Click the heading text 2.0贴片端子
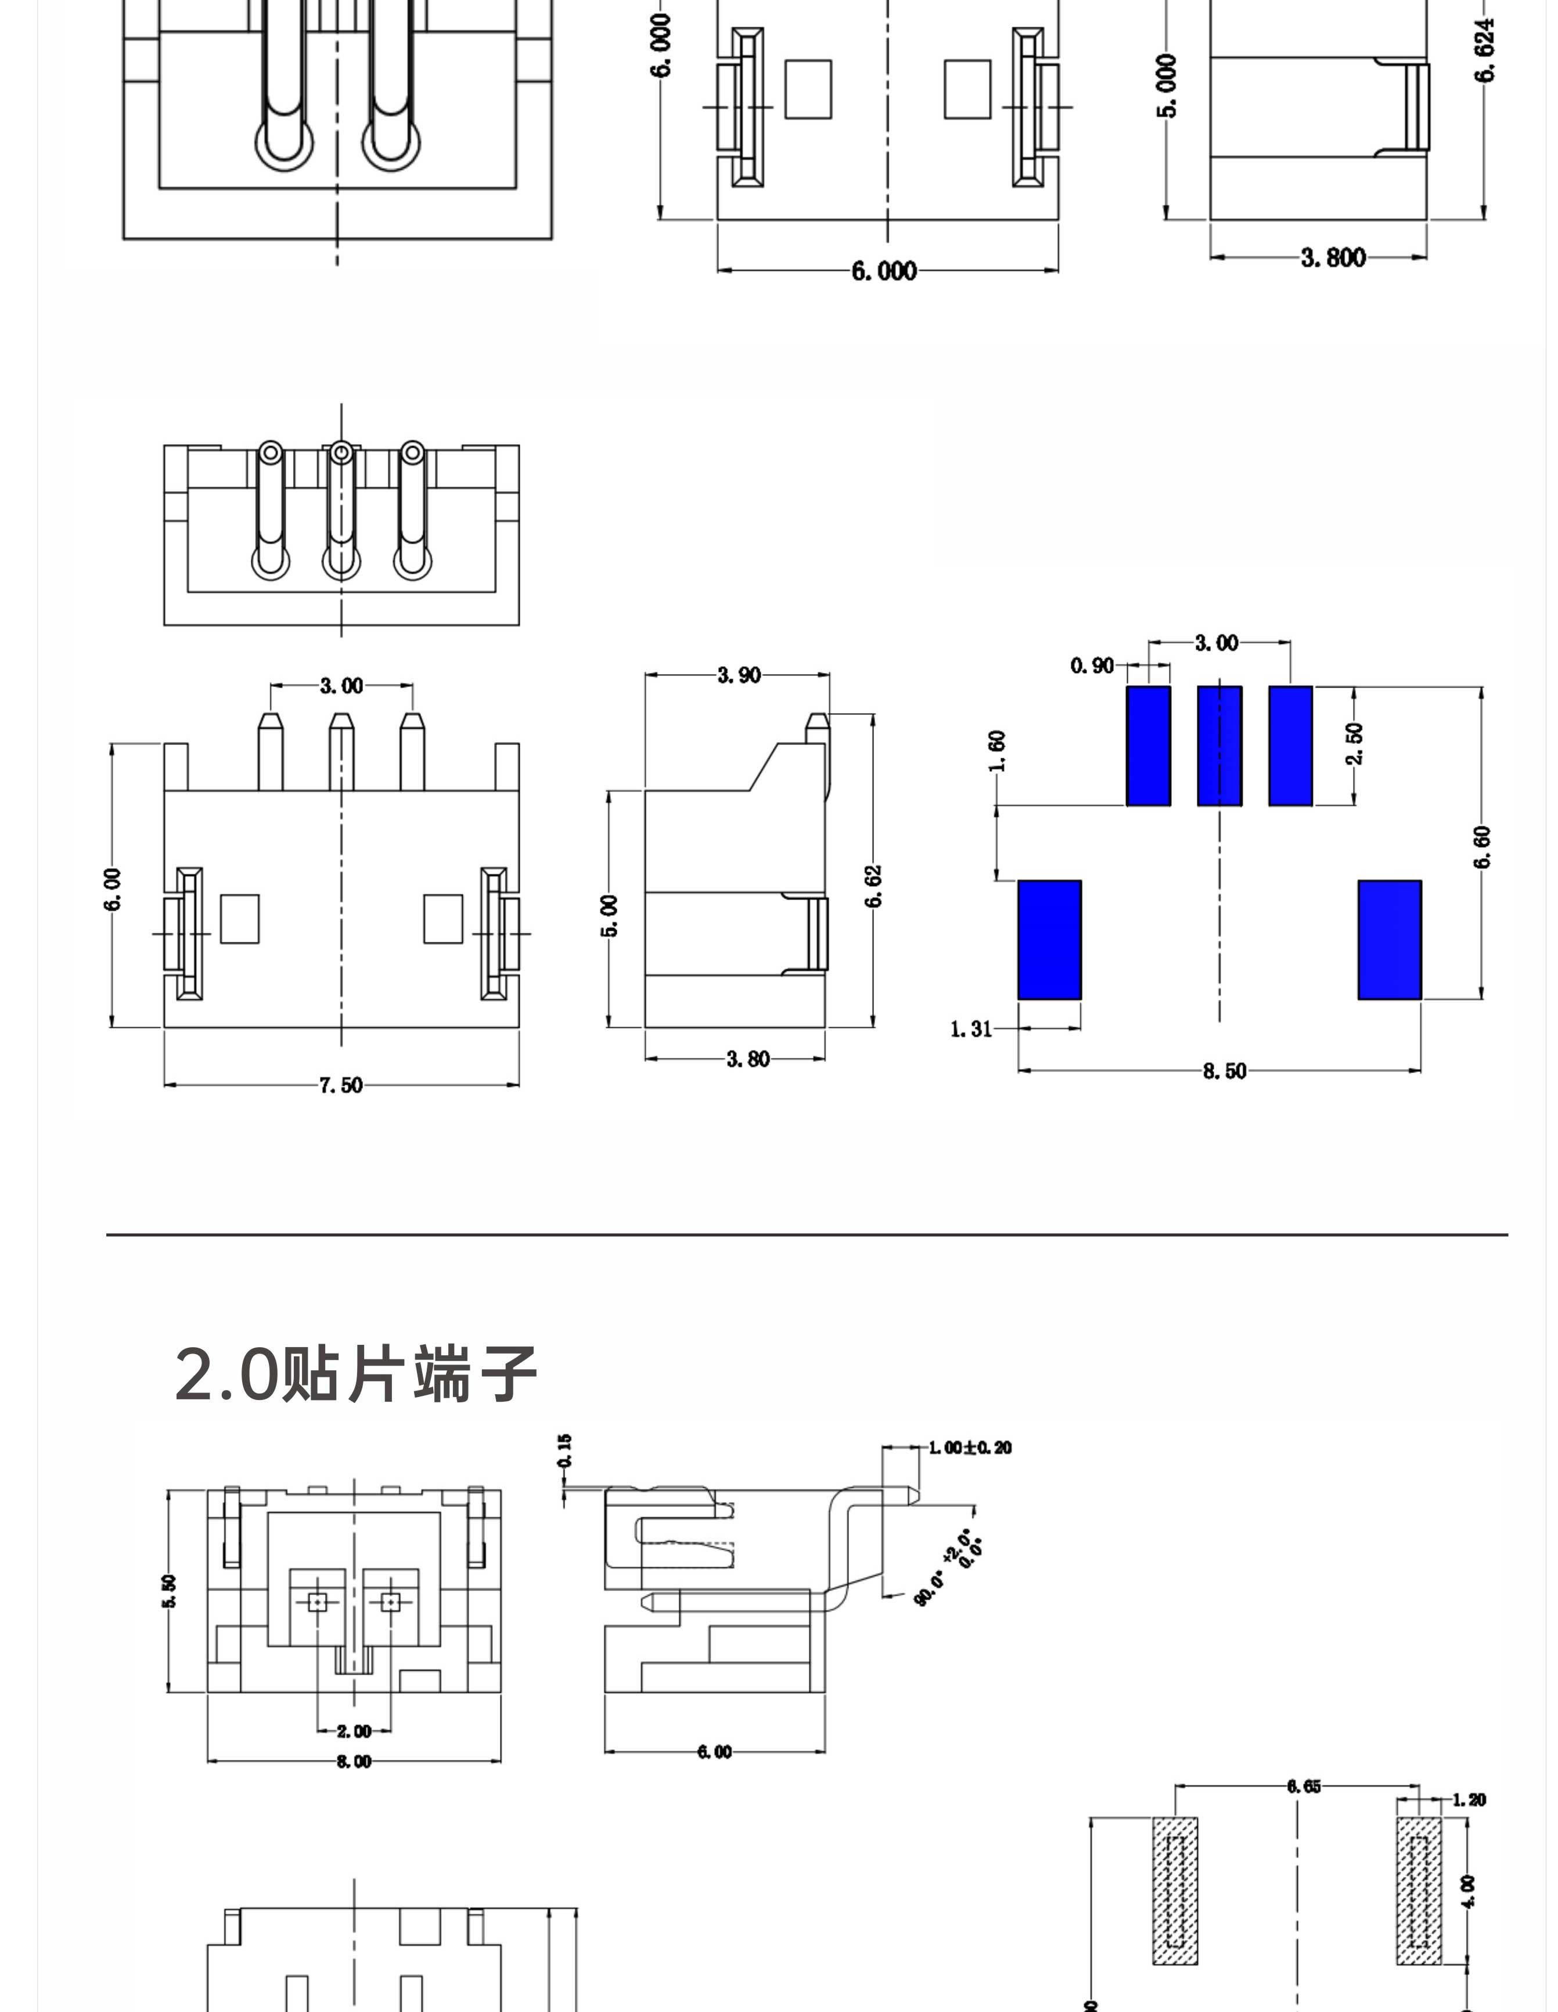(x=355, y=1374)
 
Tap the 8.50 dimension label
(x=1224, y=1071)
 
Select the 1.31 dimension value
(x=971, y=1028)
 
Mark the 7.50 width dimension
(x=341, y=1085)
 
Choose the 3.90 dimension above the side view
(x=739, y=675)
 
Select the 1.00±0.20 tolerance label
(x=969, y=1447)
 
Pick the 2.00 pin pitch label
(x=354, y=1731)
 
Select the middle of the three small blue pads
(x=1219, y=746)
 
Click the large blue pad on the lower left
(x=1049, y=939)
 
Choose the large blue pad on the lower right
(x=1390, y=939)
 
